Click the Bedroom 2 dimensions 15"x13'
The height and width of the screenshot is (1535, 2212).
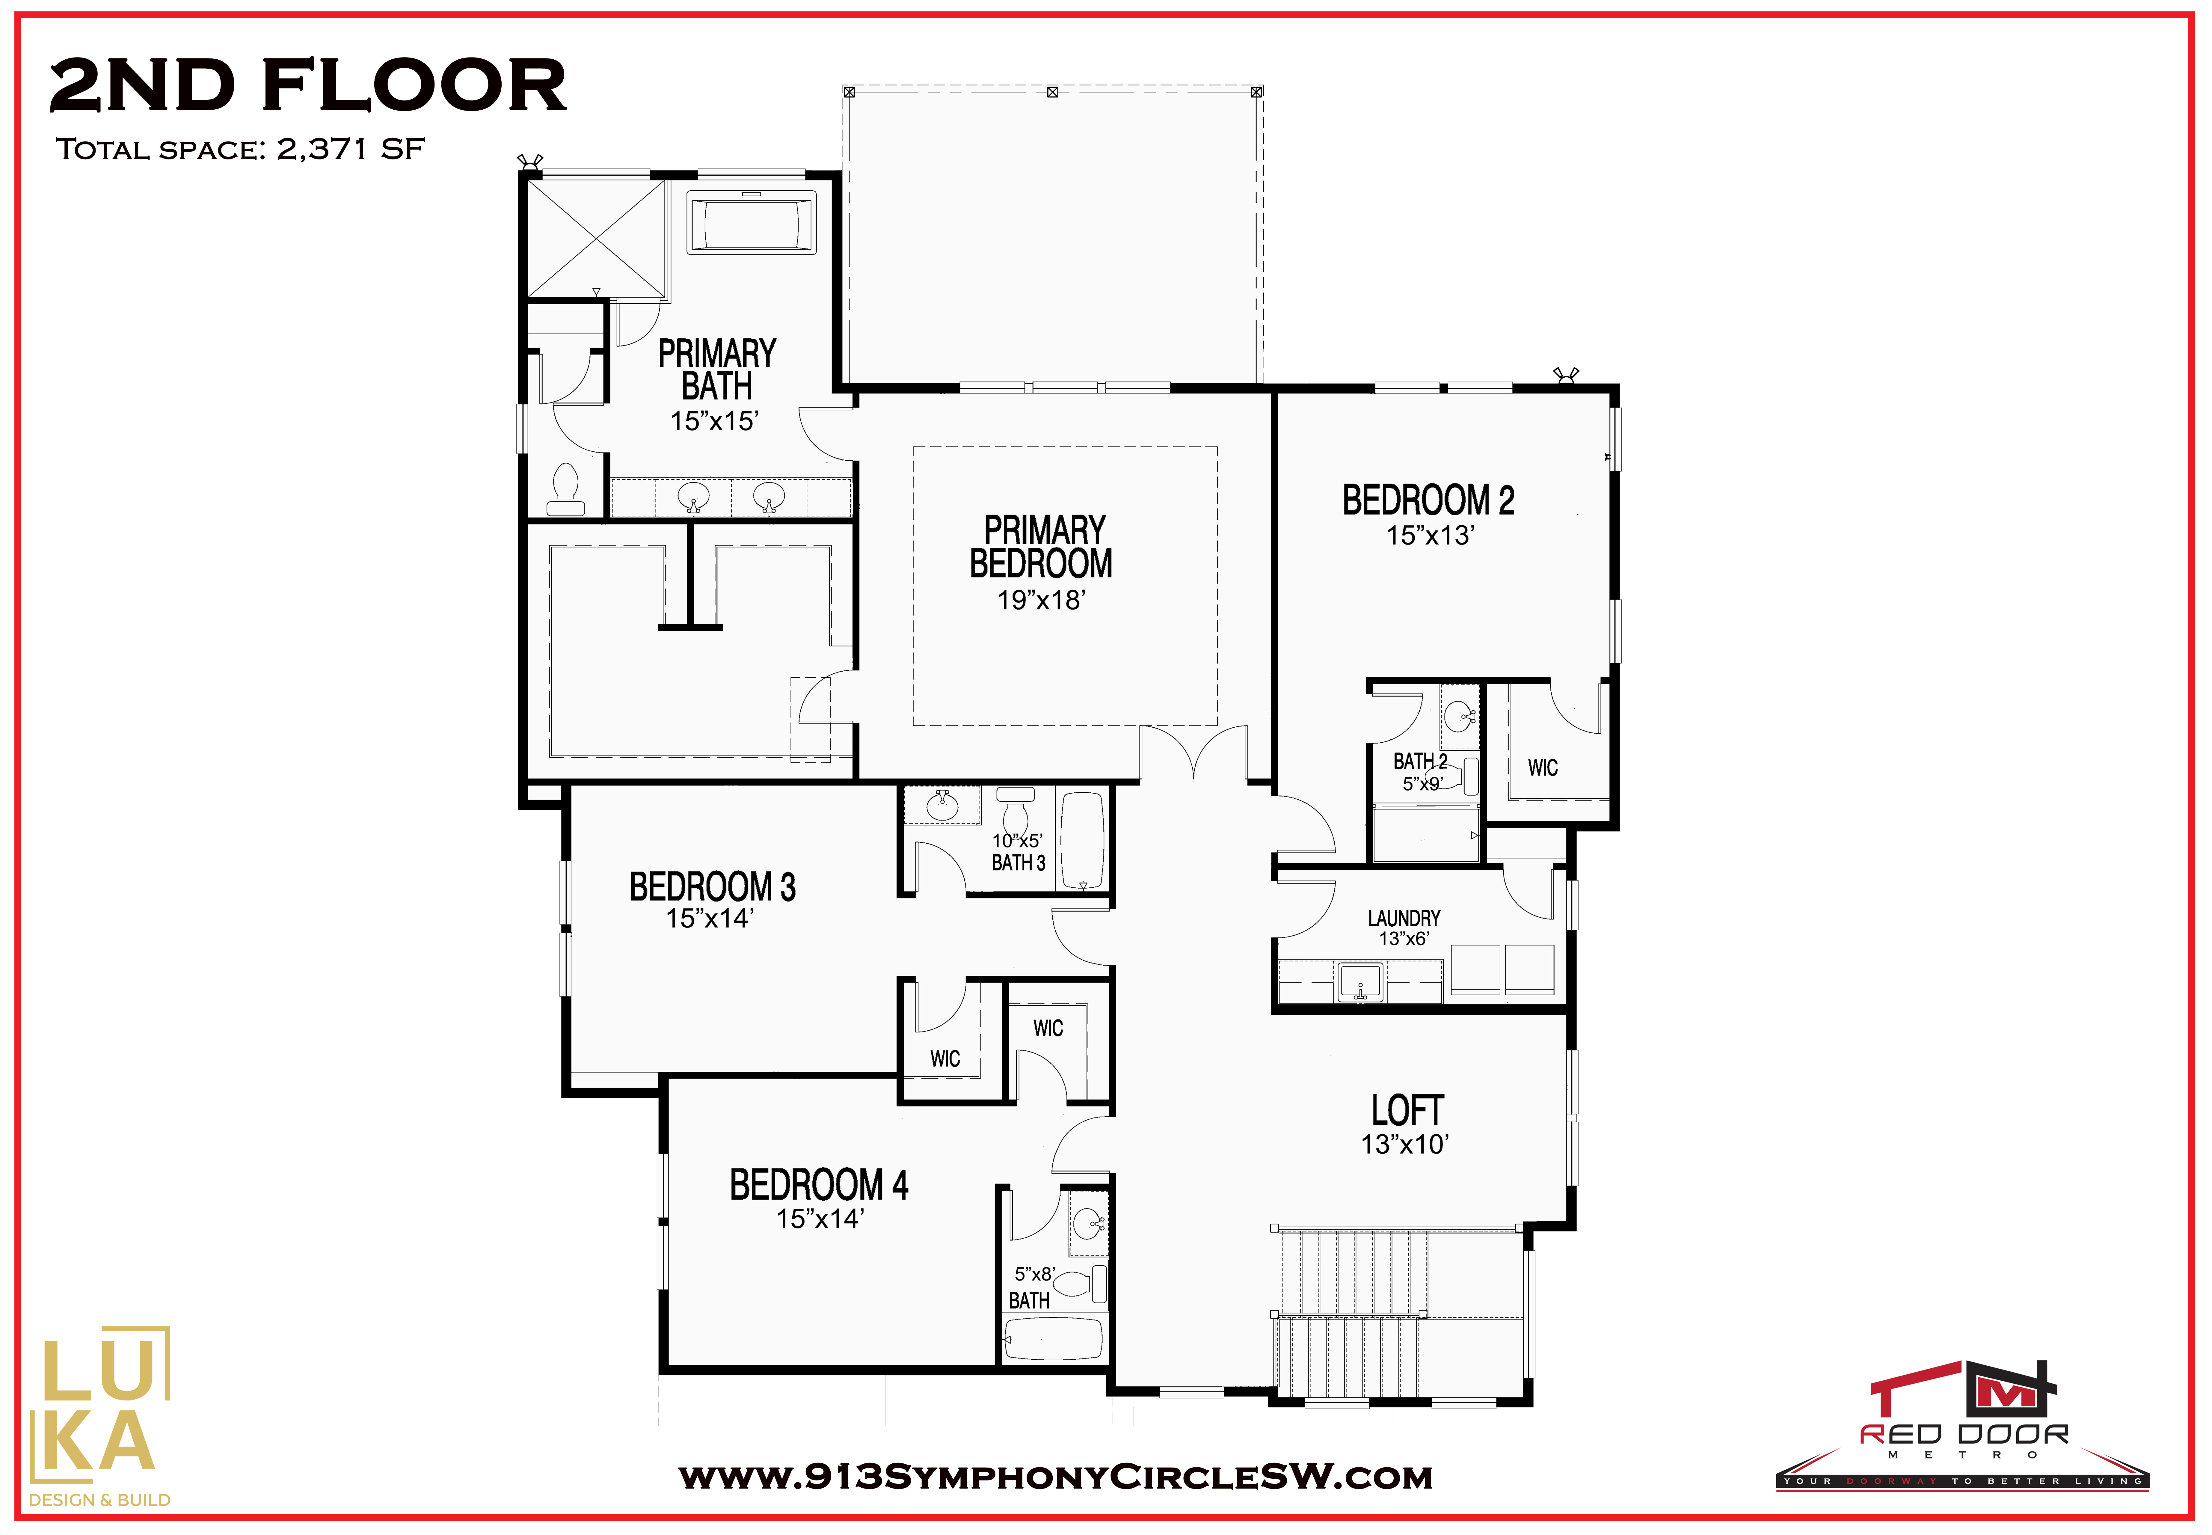pyautogui.click(x=1430, y=536)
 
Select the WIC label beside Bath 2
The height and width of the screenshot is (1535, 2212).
pyautogui.click(x=1543, y=768)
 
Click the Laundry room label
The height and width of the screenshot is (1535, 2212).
pyautogui.click(x=1404, y=919)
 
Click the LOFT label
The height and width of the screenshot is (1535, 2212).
pyautogui.click(x=1407, y=1111)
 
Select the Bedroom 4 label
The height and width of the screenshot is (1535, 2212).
pyautogui.click(x=818, y=1185)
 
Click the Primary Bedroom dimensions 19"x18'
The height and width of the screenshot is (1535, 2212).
pyautogui.click(x=1042, y=600)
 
